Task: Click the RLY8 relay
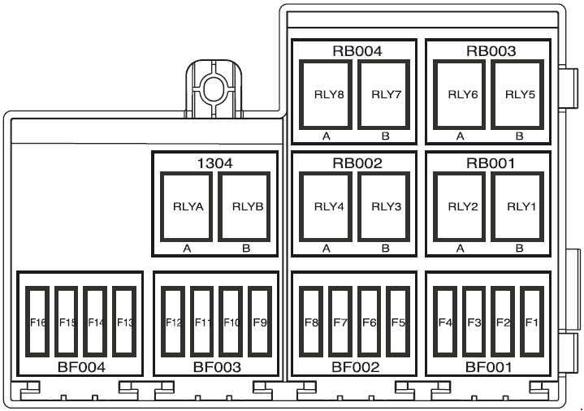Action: pyautogui.click(x=326, y=95)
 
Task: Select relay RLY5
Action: pyautogui.click(x=517, y=95)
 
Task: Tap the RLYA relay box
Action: pyautogui.click(x=186, y=206)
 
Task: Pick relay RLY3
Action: pyautogui.click(x=383, y=206)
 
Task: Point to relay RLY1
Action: pyautogui.click(x=517, y=206)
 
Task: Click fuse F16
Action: pyautogui.click(x=37, y=322)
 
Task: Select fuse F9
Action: pyautogui.click(x=260, y=322)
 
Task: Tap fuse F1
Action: pyautogui.click(x=532, y=322)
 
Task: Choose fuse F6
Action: pyautogui.click(x=369, y=322)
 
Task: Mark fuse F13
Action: pyautogui.click(x=124, y=322)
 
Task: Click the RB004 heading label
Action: pyautogui.click(x=357, y=51)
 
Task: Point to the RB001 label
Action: pyautogui.click(x=491, y=163)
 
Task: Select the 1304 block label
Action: pyautogui.click(x=214, y=163)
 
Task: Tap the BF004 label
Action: pyautogui.click(x=81, y=367)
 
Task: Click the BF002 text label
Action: pyautogui.click(x=355, y=367)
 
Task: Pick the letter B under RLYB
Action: pyautogui.click(x=246, y=249)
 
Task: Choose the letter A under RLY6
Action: pyautogui.click(x=461, y=136)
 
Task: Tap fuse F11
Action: pyautogui.click(x=202, y=322)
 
